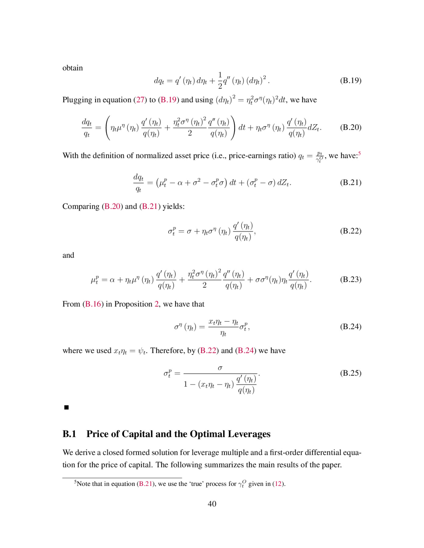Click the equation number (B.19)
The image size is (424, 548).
351,81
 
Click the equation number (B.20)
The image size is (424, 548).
351,127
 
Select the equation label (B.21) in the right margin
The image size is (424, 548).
351,182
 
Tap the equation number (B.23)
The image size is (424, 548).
351,279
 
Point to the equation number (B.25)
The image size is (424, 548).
351,373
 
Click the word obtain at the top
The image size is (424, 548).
73,68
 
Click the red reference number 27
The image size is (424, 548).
140,100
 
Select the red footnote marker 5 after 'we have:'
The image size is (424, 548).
359,153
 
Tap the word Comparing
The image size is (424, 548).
81,206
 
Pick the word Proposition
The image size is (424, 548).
133,304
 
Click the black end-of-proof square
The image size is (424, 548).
66,407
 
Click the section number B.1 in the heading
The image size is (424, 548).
69,434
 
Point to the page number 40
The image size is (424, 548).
212,504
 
